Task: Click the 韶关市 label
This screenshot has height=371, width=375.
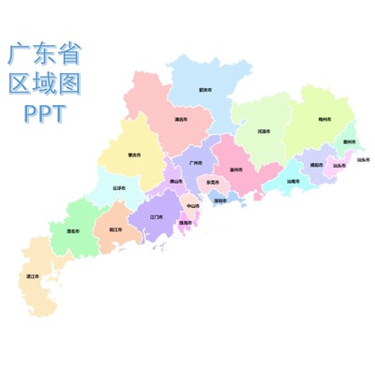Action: pyautogui.click(x=205, y=90)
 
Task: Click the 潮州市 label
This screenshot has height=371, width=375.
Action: pyautogui.click(x=349, y=141)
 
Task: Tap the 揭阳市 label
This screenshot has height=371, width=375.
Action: pyautogui.click(x=317, y=164)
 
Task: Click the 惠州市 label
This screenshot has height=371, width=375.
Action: pyautogui.click(x=236, y=170)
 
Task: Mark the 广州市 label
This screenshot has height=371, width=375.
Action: pyautogui.click(x=196, y=162)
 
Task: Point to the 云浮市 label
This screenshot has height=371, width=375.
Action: pyautogui.click(x=119, y=187)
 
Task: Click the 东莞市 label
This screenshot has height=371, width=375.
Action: pyautogui.click(x=213, y=182)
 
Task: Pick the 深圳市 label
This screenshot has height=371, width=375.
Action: pyautogui.click(x=219, y=200)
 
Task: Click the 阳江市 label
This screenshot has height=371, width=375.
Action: pyautogui.click(x=114, y=230)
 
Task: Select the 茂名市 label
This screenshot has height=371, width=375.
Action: pyautogui.click(x=72, y=230)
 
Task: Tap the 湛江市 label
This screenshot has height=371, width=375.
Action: pyautogui.click(x=34, y=276)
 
